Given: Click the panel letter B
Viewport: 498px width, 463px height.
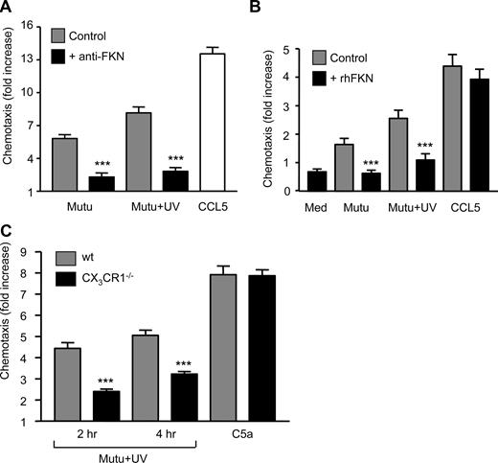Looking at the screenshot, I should pyautogui.click(x=265, y=8).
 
